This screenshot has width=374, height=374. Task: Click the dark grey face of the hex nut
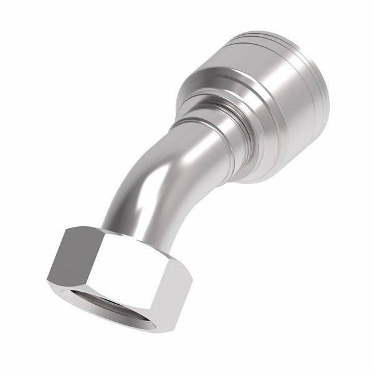click(72, 256)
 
